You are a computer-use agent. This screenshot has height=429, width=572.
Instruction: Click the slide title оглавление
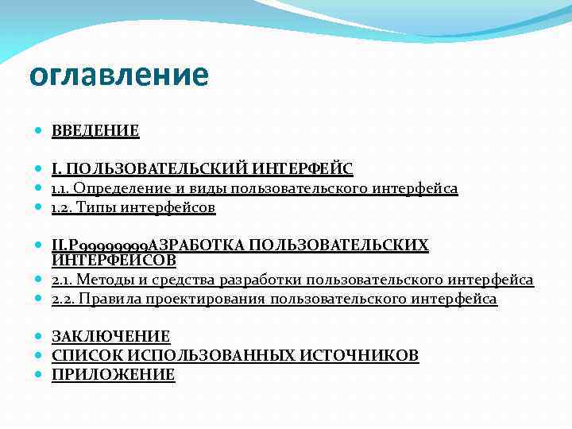click(x=118, y=75)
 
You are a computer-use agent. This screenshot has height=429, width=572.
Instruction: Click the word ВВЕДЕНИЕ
click(x=95, y=131)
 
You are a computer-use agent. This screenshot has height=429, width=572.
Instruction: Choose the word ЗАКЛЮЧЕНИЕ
click(x=110, y=336)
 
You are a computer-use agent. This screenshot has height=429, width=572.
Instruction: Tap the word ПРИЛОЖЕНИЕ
click(x=113, y=375)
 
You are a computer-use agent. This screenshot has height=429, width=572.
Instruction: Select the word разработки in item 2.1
click(x=257, y=280)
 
